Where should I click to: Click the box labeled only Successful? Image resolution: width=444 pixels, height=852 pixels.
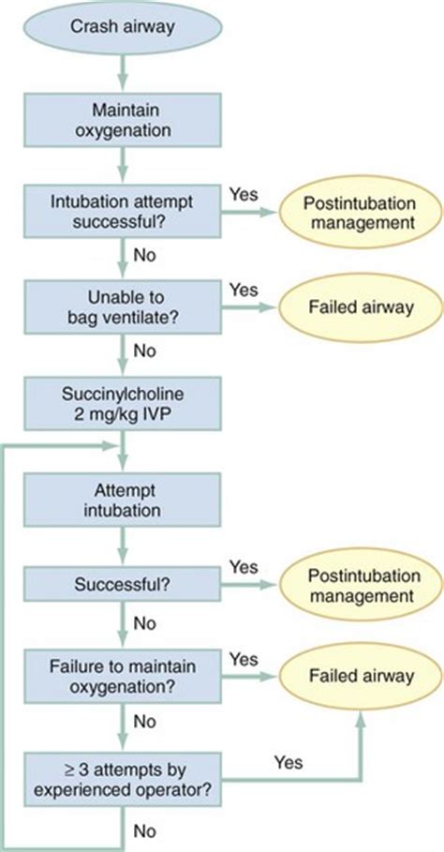(124, 584)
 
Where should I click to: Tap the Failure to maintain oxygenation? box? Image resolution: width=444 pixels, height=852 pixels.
(124, 675)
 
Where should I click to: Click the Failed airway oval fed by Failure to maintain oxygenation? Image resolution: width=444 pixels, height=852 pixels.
(362, 675)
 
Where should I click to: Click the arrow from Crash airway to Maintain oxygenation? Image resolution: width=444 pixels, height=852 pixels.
(124, 70)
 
